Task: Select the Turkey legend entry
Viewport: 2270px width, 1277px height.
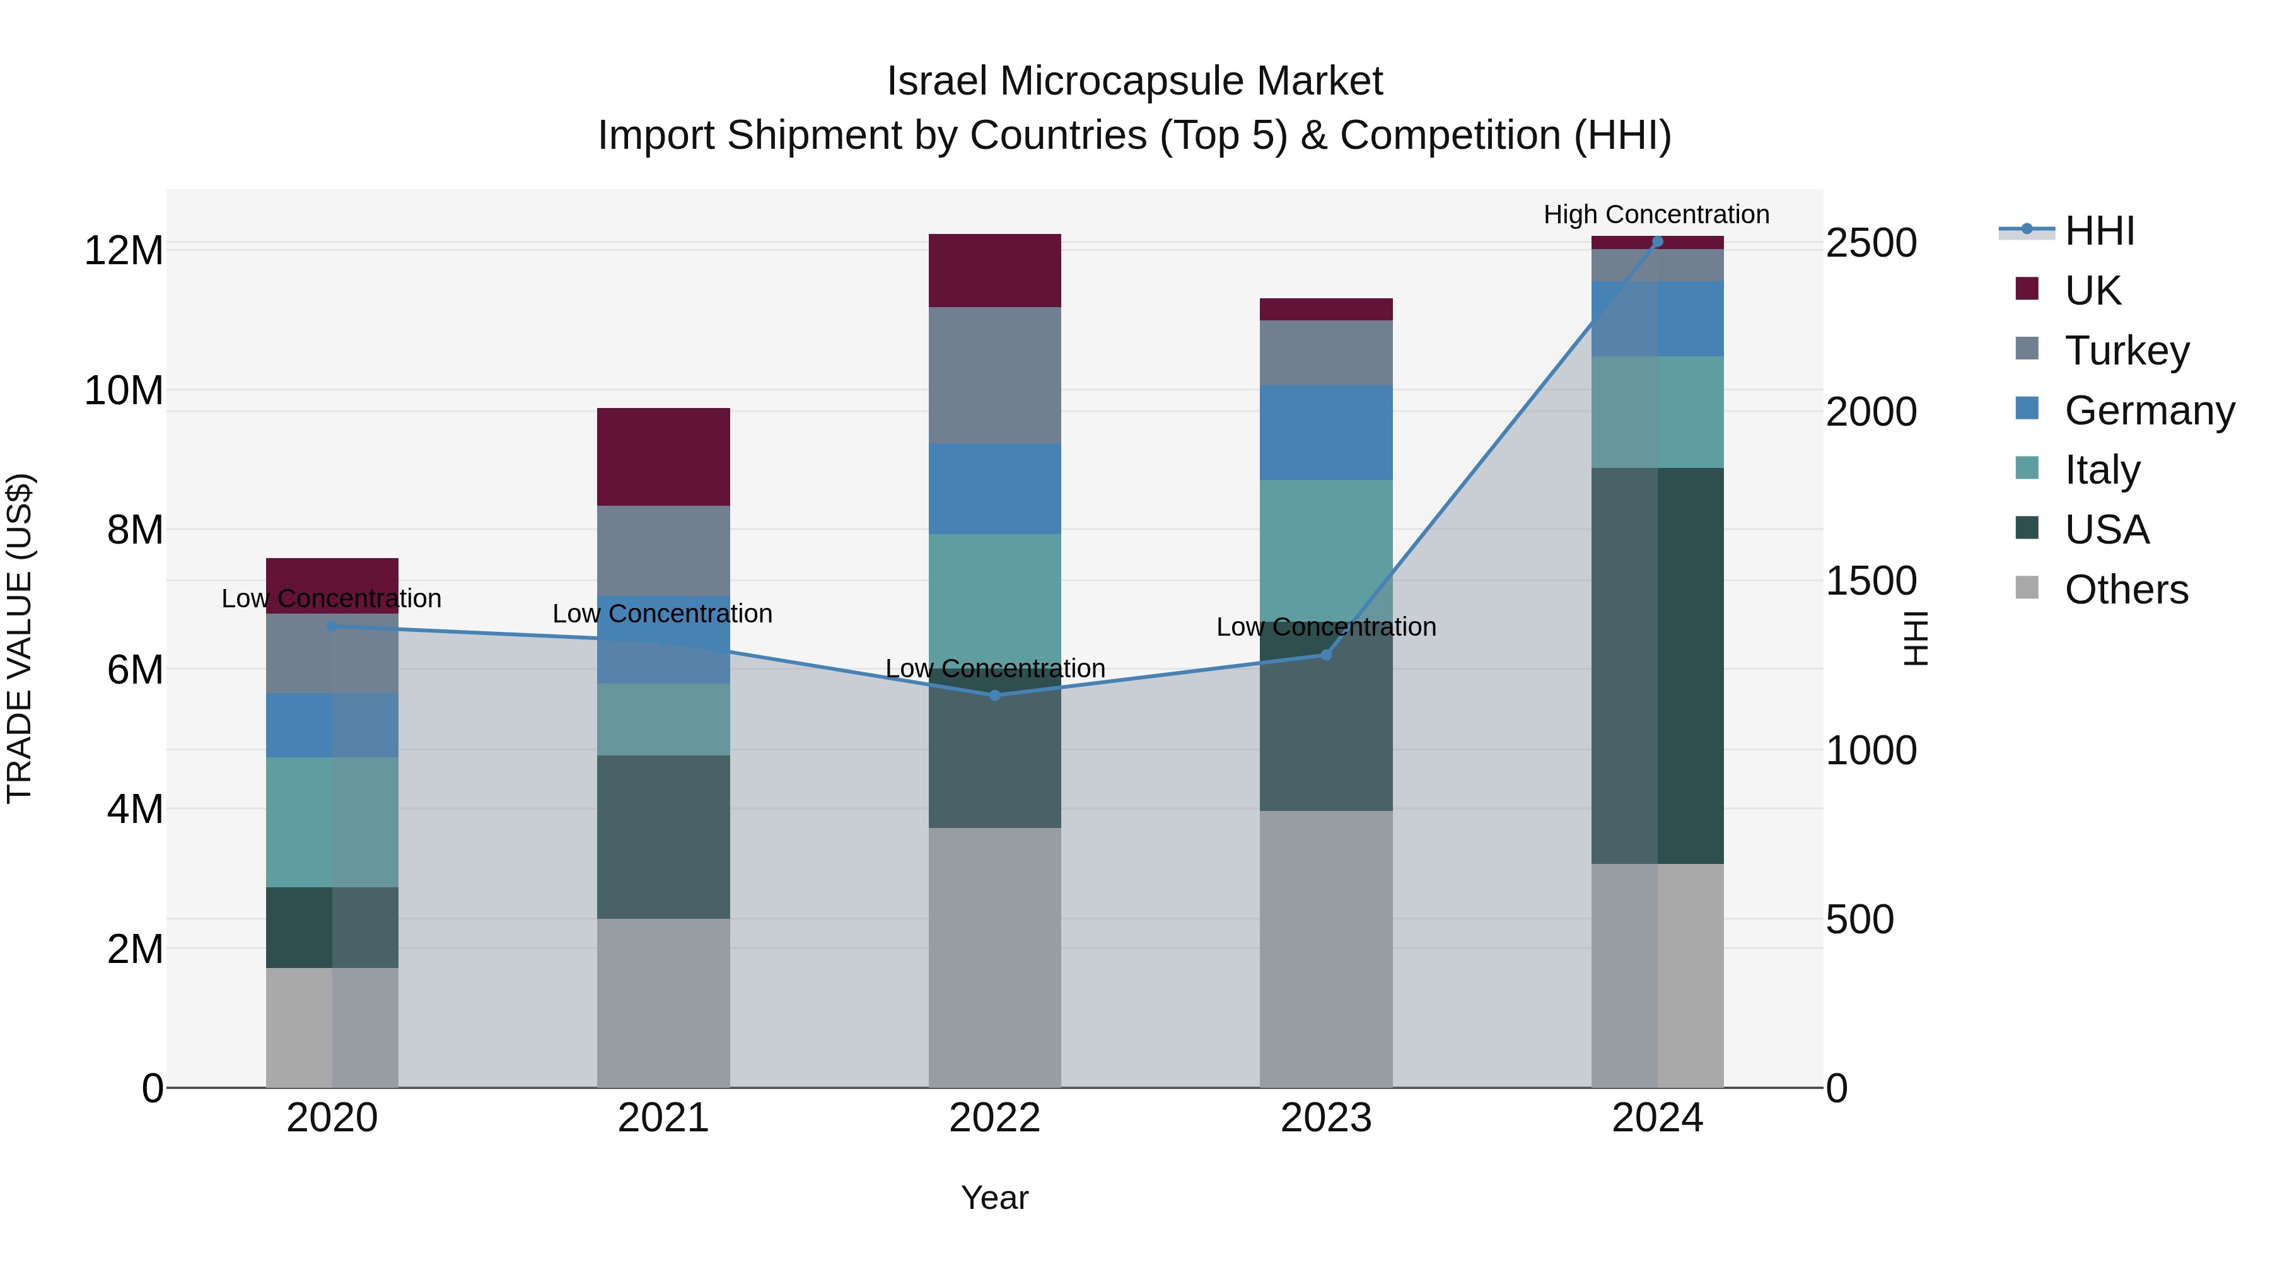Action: pyautogui.click(x=2126, y=351)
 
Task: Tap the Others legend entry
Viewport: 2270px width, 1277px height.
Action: pyautogui.click(x=2126, y=590)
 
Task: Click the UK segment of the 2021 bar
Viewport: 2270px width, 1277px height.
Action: pyautogui.click(x=663, y=457)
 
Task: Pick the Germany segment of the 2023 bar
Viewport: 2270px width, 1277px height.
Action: pyautogui.click(x=1325, y=433)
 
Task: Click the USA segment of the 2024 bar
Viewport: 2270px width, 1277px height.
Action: pyautogui.click(x=1656, y=665)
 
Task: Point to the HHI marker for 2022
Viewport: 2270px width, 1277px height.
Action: pyautogui.click(x=995, y=696)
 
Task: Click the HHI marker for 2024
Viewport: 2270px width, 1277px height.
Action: pyautogui.click(x=1656, y=242)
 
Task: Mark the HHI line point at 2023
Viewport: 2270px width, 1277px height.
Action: pyautogui.click(x=1325, y=655)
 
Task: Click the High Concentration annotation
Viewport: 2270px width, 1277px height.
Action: pyautogui.click(x=1656, y=214)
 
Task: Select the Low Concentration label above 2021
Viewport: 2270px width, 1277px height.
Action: pyautogui.click(x=662, y=614)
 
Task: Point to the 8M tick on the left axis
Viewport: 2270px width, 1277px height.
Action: pyautogui.click(x=135, y=530)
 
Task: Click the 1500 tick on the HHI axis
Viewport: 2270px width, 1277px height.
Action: pyautogui.click(x=1870, y=581)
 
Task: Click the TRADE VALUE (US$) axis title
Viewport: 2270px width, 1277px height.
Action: pyautogui.click(x=20, y=638)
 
